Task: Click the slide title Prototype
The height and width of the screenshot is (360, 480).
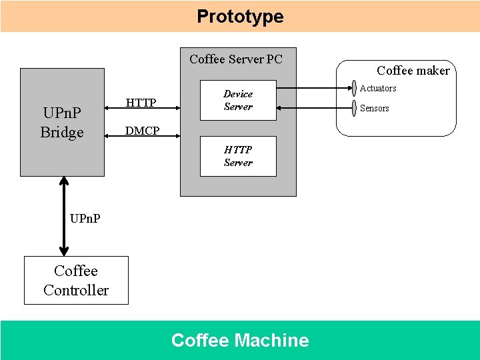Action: coord(240,16)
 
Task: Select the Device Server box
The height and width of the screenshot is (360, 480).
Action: coord(238,101)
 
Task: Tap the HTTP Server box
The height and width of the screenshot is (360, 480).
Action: coord(238,157)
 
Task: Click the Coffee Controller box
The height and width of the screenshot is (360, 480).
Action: coord(76,280)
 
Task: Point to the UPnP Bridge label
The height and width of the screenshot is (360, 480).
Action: coord(62,123)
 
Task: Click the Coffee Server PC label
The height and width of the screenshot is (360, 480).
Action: coord(235,59)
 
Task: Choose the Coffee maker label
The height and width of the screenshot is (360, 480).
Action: coord(413,70)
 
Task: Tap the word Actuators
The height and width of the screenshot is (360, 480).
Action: coord(378,88)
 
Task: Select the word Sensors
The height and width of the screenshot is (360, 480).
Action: coord(374,108)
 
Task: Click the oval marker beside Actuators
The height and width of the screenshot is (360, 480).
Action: coord(354,89)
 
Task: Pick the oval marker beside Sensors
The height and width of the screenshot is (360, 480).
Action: coord(354,108)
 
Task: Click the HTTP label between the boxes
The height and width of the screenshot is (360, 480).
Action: coord(141,102)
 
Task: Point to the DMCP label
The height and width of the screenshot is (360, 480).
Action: coord(142,131)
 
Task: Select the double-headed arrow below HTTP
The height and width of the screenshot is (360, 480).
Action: coord(142,111)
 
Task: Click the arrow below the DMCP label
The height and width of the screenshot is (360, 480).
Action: coord(142,139)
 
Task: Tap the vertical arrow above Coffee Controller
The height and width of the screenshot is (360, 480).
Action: coord(64,216)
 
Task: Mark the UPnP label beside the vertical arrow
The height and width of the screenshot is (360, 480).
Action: coord(85,218)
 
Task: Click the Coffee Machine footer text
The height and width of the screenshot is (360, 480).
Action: coord(240,340)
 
